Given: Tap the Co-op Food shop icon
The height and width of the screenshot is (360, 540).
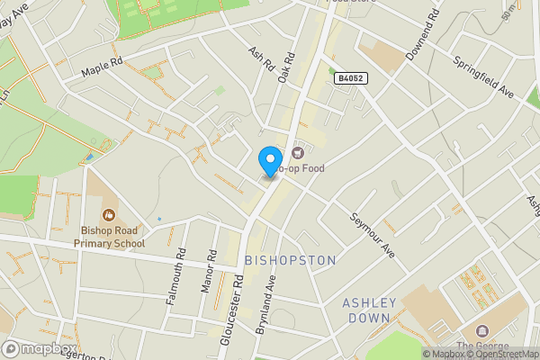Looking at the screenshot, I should point(298,153).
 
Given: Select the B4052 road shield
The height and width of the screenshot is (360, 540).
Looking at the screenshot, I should point(350,79).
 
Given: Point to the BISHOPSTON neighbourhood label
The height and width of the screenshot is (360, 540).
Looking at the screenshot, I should point(290,260).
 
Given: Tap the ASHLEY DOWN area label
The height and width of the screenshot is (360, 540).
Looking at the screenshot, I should point(367,310).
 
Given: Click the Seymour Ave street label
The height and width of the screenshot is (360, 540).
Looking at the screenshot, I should point(372,235).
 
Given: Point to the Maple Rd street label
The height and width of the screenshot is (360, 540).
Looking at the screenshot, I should point(101,66).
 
